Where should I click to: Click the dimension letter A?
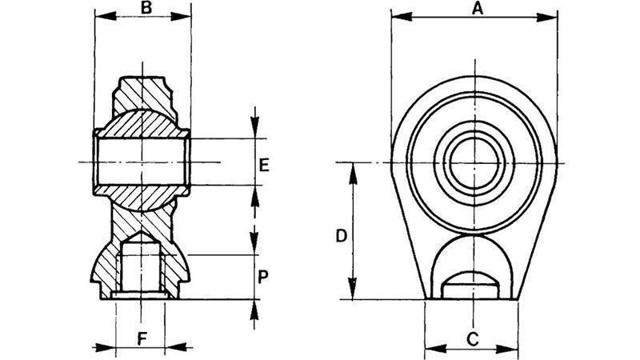pyautogui.click(x=477, y=9)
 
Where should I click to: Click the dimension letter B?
pyautogui.click(x=146, y=9)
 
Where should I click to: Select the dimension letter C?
pyautogui.click(x=472, y=339)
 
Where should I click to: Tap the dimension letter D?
pyautogui.click(x=342, y=236)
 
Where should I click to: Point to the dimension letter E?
pyautogui.click(x=264, y=166)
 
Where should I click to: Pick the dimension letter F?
pyautogui.click(x=142, y=338)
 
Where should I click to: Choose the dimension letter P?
pyautogui.click(x=263, y=277)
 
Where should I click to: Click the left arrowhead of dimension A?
pyautogui.click(x=402, y=17)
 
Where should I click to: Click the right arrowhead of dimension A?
pyautogui.click(x=546, y=17)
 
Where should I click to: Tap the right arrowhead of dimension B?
pyautogui.click(x=181, y=16)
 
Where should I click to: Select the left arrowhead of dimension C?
pyautogui.click(x=435, y=349)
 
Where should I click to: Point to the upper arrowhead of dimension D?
pyautogui.click(x=353, y=174)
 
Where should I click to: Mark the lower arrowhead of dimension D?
pyautogui.click(x=353, y=289)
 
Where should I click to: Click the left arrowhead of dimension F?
pyautogui.click(x=106, y=347)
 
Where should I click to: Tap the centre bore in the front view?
pyautogui.click(x=474, y=162)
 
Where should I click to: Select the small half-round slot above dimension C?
pyautogui.click(x=470, y=285)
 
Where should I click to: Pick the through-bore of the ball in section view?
pyautogui.click(x=142, y=162)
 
